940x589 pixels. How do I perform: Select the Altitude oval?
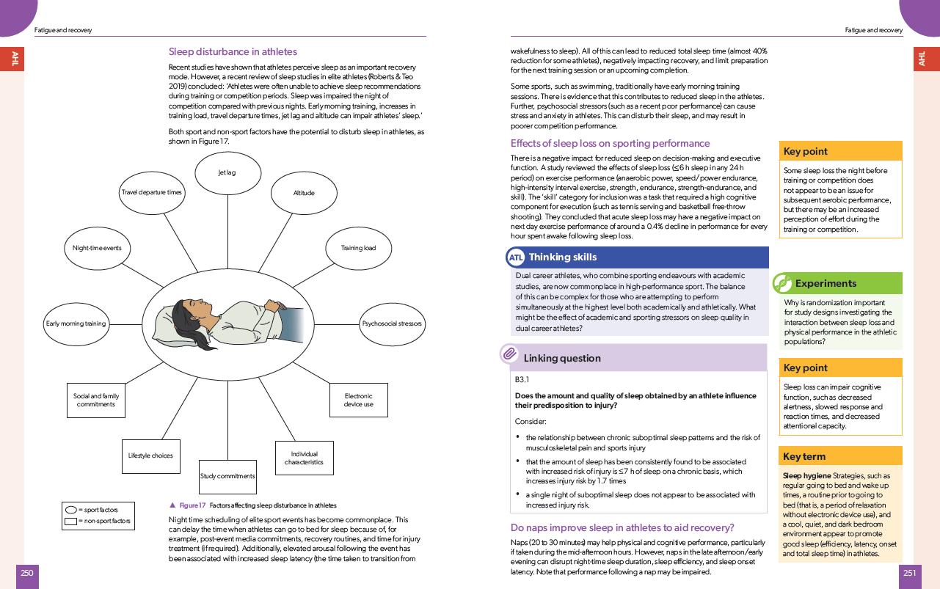point(304,193)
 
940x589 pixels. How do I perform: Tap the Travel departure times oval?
point(151,192)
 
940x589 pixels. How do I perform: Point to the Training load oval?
point(358,248)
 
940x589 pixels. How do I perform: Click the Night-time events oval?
point(97,248)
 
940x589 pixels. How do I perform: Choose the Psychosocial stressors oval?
point(392,323)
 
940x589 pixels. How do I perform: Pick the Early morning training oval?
point(76,323)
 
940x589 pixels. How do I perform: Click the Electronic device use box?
point(358,400)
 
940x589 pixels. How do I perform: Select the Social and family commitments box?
point(96,400)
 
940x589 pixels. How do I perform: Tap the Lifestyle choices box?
point(150,456)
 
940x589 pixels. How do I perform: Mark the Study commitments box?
point(227,476)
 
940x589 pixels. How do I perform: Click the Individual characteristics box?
point(304,458)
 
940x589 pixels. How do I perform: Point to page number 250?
point(27,574)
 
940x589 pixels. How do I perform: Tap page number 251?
point(911,574)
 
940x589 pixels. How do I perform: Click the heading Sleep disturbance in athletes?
point(233,52)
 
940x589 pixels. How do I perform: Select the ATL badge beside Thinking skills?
point(516,257)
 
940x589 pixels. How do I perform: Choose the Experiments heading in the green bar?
point(825,283)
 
